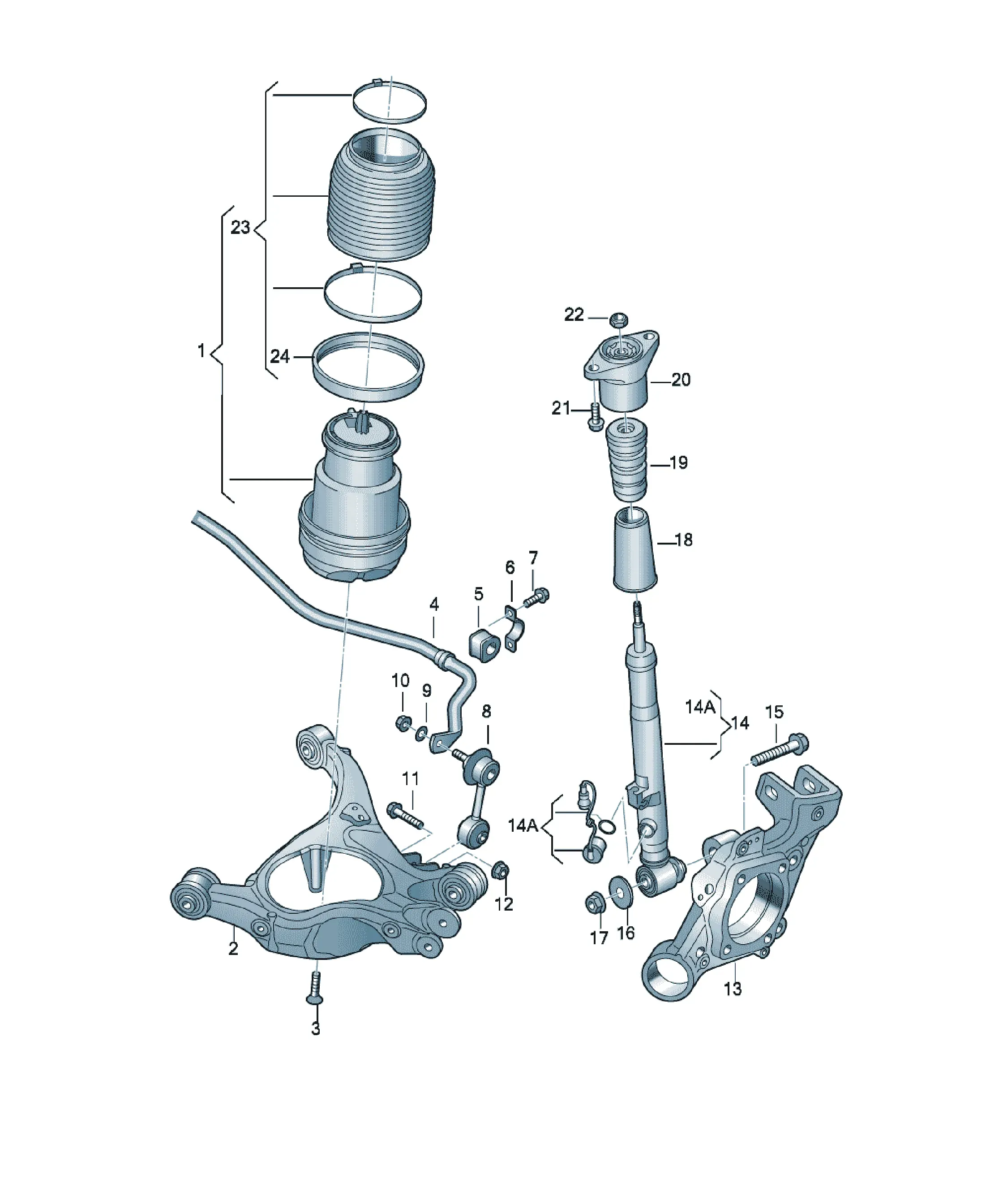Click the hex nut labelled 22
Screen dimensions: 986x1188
coord(618,319)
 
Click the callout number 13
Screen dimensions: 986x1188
coord(733,989)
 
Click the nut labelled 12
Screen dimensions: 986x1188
coord(500,886)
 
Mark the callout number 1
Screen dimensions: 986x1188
coord(201,351)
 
